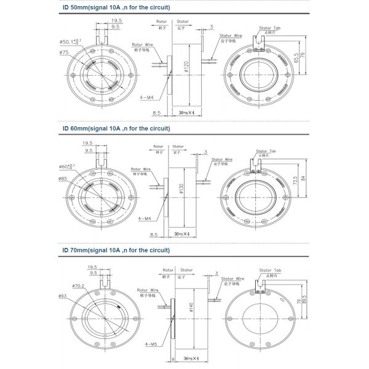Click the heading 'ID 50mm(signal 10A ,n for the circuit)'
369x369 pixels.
click(116, 7)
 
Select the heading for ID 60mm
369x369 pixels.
click(116, 129)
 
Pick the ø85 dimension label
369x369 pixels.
click(63, 178)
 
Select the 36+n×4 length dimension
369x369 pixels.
click(193, 357)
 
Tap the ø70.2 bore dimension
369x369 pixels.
click(79, 286)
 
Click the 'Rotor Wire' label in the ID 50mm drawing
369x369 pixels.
click(142, 44)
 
